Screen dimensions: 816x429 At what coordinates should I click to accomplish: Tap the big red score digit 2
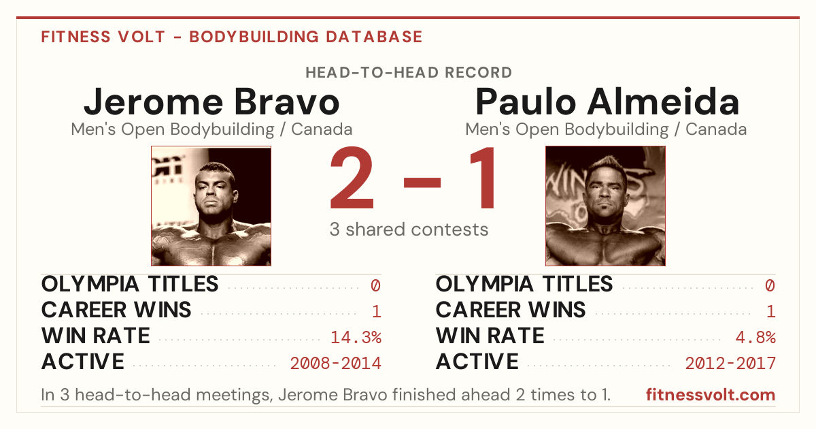(352, 178)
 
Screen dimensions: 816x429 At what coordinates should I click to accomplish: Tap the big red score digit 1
(483, 178)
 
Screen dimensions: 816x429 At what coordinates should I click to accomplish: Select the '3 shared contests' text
(409, 229)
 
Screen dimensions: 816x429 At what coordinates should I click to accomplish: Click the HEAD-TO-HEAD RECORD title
(409, 73)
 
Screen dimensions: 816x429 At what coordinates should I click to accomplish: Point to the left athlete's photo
(211, 206)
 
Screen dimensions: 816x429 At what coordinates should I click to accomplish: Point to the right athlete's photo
(605, 206)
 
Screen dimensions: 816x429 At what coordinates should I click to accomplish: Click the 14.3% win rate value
(356, 337)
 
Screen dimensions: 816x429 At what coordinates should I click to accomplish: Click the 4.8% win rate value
(755, 337)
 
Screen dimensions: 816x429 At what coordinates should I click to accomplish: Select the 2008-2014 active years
(335, 363)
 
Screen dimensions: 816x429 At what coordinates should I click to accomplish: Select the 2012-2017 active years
(730, 363)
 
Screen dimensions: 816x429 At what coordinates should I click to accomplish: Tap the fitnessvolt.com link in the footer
(711, 395)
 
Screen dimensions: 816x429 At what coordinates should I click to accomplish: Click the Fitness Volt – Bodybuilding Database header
(232, 37)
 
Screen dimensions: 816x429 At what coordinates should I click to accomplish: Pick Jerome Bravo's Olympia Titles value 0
(375, 285)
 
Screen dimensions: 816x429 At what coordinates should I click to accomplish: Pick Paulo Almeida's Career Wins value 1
(771, 311)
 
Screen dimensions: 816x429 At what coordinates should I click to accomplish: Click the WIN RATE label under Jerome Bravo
(95, 336)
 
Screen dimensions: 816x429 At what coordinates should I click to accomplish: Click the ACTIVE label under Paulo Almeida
(477, 362)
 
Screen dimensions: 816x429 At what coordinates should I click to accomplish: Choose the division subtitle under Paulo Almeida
(606, 129)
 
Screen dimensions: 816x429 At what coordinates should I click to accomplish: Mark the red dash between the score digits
(422, 182)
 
